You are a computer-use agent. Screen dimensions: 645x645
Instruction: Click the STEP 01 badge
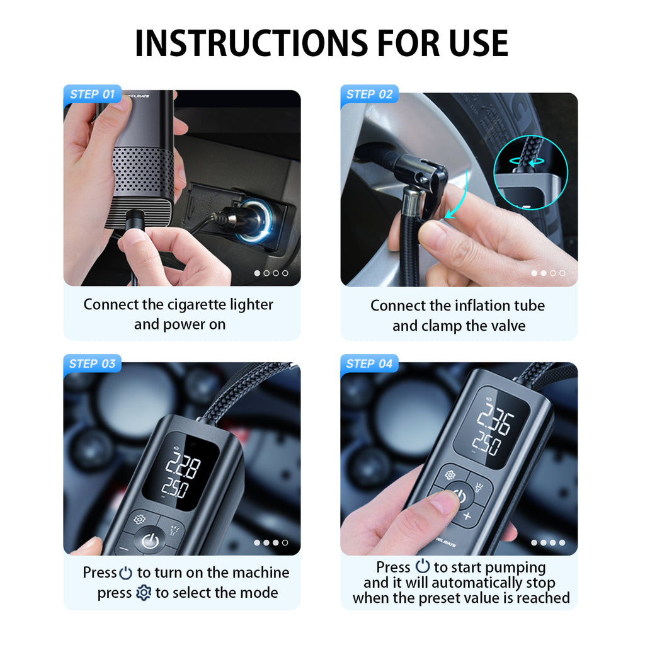pos(92,94)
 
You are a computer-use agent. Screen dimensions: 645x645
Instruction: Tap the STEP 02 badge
pos(369,94)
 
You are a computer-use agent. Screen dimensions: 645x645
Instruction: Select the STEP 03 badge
pos(92,363)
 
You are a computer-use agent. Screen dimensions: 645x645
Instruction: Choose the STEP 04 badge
pos(369,363)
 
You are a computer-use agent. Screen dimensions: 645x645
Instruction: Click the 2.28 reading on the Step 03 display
pos(183,468)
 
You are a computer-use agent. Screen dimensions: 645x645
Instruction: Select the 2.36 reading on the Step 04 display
pos(495,418)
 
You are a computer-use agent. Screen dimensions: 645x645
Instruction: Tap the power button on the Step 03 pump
pos(150,540)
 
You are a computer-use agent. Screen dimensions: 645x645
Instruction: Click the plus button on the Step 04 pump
pos(467,516)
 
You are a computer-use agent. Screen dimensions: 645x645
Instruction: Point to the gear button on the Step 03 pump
pos(139,520)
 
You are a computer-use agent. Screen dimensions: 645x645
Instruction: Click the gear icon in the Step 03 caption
pos(144,593)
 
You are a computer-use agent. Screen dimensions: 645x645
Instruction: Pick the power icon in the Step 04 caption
pos(422,567)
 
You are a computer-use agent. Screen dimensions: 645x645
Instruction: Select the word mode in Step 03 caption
pos(261,593)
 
